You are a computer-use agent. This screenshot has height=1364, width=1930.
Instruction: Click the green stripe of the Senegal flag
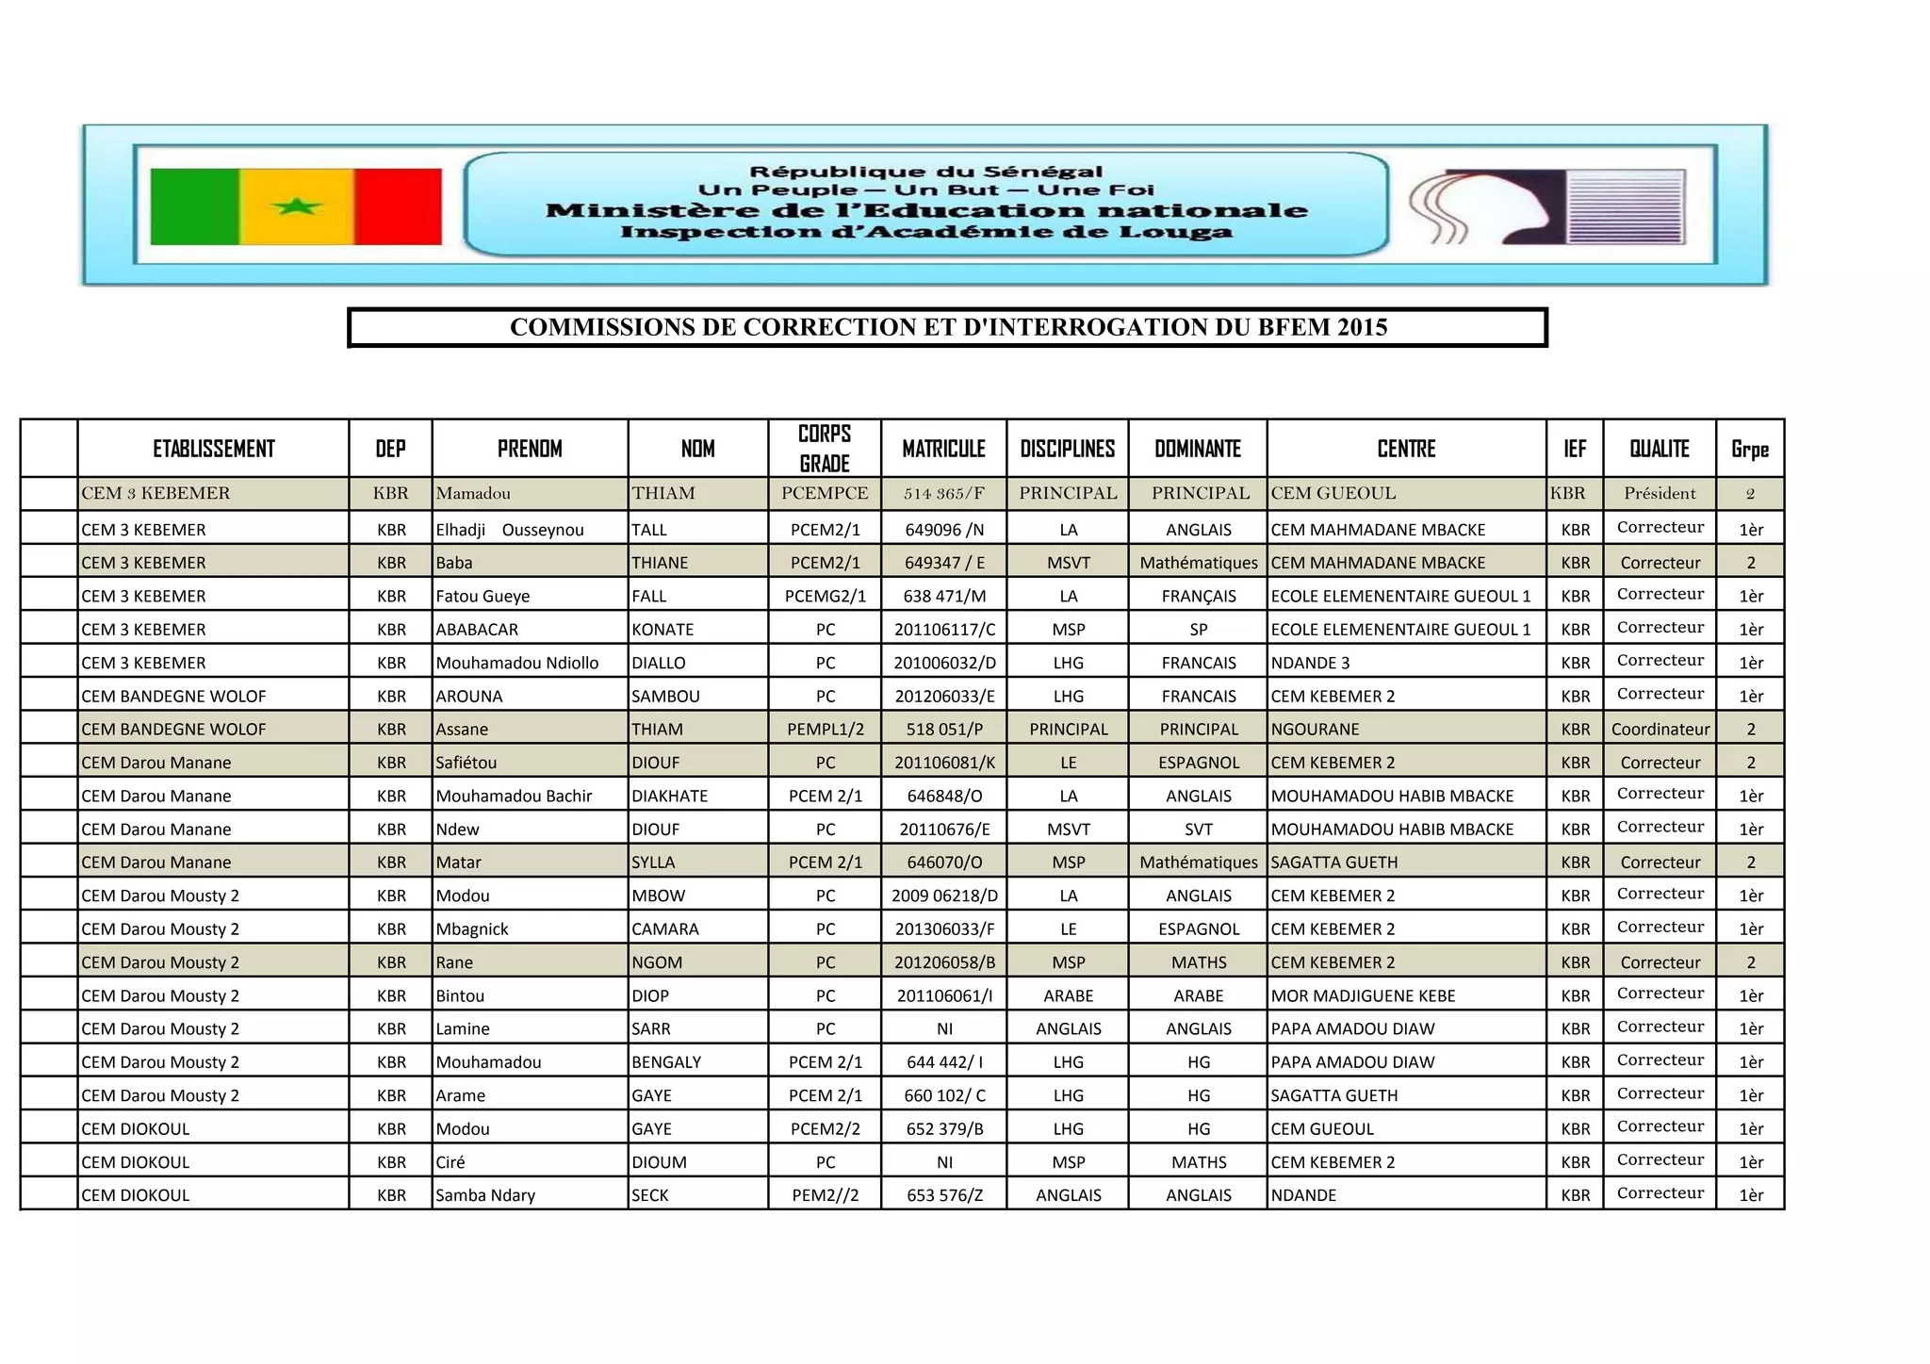tap(194, 206)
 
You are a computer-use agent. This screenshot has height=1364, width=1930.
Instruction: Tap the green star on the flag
tap(296, 205)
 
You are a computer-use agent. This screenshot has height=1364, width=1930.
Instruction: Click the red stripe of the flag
tap(398, 206)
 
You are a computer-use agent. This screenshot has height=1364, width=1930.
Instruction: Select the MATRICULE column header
tap(943, 449)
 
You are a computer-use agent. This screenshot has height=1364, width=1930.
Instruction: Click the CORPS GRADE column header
tap(825, 449)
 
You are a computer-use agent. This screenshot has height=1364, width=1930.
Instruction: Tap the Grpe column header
tap(1750, 449)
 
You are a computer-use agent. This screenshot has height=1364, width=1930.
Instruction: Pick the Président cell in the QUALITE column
tap(1660, 493)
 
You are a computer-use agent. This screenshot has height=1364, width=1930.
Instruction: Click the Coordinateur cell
tap(1660, 729)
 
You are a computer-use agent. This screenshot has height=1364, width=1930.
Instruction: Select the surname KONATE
tap(662, 629)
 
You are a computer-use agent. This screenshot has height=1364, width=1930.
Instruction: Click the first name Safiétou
tap(466, 762)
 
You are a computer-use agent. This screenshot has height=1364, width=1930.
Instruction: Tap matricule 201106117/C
tap(944, 629)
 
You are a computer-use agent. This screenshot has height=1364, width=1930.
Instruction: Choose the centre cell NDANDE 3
tap(1310, 663)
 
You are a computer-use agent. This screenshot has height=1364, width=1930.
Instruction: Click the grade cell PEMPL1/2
tap(825, 729)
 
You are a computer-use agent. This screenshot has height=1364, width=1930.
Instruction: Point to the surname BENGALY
tap(666, 1061)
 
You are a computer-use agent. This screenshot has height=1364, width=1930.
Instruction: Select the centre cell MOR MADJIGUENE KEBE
tap(1363, 995)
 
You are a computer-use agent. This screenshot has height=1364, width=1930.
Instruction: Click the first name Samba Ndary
tap(484, 1194)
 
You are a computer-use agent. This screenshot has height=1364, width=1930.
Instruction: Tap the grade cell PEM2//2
tap(825, 1194)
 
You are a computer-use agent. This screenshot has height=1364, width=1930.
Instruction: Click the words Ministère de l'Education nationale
tap(926, 210)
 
